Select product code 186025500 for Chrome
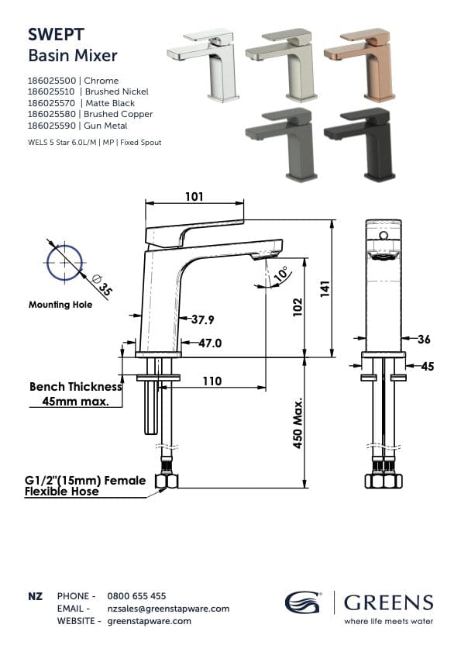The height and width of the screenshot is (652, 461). pyautogui.click(x=53, y=81)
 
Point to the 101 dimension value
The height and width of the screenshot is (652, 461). pyautogui.click(x=194, y=197)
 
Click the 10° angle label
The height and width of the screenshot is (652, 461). pyautogui.click(x=280, y=274)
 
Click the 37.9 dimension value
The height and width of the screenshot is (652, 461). pyautogui.click(x=202, y=319)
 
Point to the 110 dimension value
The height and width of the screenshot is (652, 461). pyautogui.click(x=212, y=381)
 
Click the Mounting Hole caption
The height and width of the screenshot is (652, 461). pyautogui.click(x=60, y=305)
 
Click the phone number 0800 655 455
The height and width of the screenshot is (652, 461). pyautogui.click(x=136, y=596)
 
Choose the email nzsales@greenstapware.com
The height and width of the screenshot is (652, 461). pyautogui.click(x=168, y=609)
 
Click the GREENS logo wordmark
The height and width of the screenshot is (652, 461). pyautogui.click(x=388, y=602)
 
